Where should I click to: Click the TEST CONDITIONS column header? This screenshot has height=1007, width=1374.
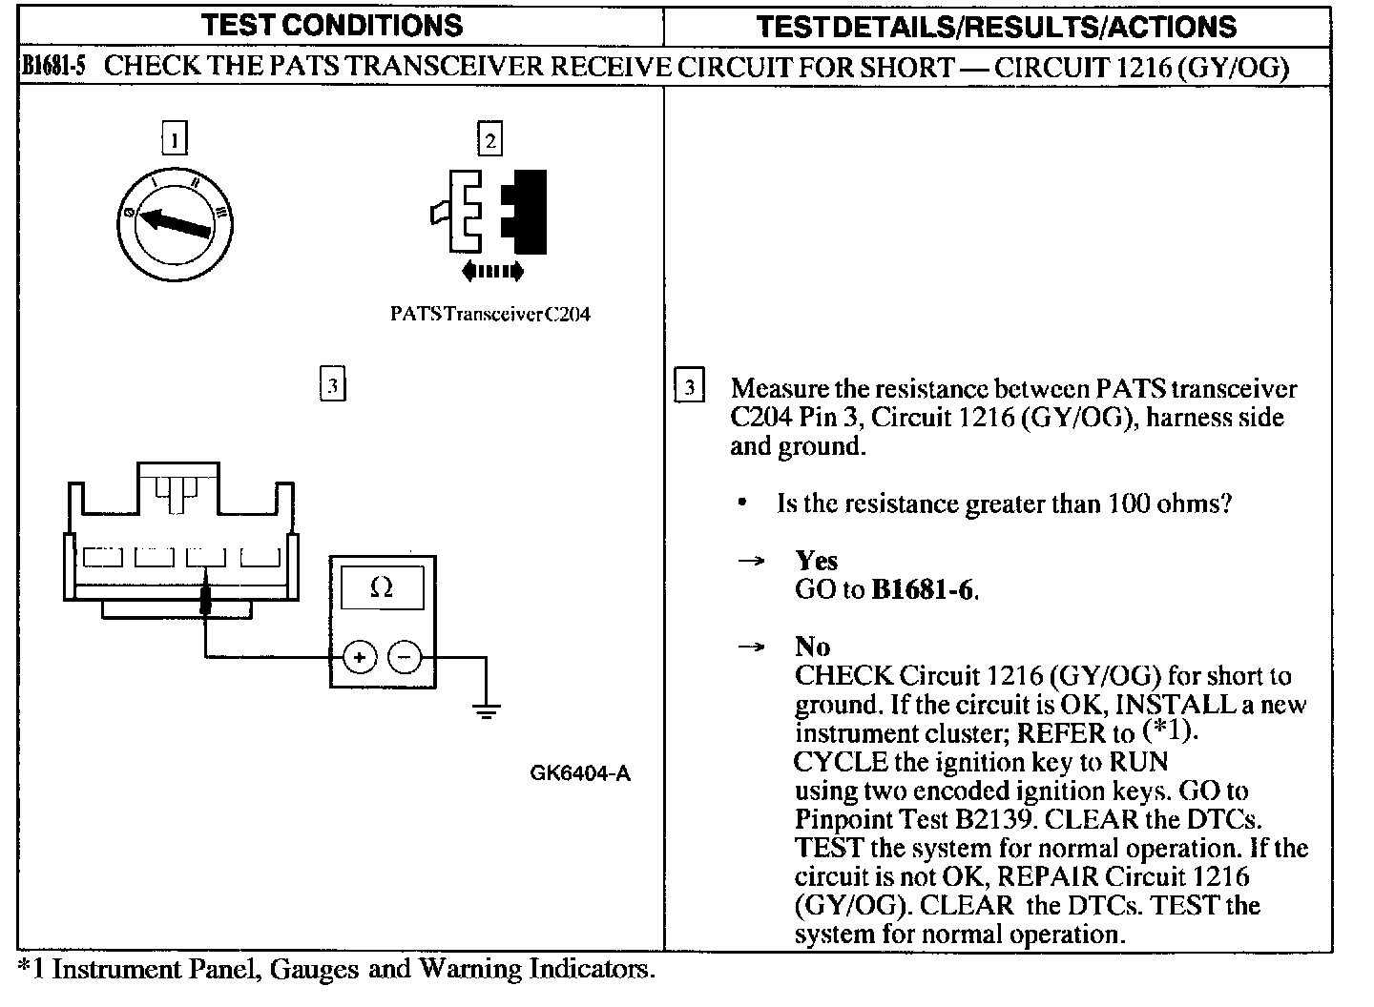pos(333,26)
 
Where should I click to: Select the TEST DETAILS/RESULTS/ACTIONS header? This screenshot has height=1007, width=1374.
pos(996,27)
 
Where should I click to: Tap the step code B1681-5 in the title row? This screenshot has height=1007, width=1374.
pos(53,67)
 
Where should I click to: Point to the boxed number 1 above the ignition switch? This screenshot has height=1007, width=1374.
pos(174,140)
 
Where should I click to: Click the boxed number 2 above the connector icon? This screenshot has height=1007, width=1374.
pos(489,140)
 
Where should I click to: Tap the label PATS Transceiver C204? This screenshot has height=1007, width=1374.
pos(490,315)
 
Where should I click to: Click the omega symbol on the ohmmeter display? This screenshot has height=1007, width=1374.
pos(381,588)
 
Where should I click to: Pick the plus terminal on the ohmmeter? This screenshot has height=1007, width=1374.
pos(360,657)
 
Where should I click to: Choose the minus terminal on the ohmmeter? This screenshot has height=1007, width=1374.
pos(405,657)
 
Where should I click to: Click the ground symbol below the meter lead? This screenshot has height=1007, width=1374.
pos(487,709)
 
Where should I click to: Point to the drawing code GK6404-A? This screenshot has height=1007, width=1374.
pos(580,773)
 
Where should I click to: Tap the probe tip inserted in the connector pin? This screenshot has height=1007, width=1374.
pos(205,599)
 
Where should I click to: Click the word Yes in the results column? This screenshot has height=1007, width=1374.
pos(816,561)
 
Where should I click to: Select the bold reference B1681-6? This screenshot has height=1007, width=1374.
pos(924,590)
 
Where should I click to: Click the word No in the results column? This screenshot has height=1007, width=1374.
pos(812,647)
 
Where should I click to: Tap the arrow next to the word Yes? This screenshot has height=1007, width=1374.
pos(752,561)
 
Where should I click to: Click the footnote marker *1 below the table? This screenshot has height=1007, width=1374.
pos(31,970)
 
